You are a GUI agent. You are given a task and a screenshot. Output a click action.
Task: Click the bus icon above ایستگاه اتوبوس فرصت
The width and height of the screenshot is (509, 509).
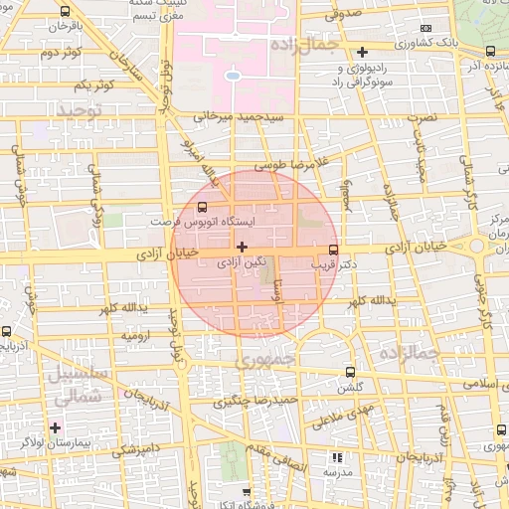tap(203, 208)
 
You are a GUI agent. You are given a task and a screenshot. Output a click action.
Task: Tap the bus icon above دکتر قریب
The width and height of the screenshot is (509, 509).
tap(332, 251)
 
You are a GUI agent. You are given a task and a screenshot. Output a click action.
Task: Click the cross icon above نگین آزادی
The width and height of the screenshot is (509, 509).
tap(242, 245)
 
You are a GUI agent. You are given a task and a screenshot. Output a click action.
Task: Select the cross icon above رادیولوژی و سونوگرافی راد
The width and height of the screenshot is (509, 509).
tap(362, 51)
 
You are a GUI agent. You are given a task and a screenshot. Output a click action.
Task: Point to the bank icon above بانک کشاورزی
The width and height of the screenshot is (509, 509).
tap(426, 28)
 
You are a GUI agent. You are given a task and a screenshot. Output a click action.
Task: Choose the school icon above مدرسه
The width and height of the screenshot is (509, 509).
tap(336, 457)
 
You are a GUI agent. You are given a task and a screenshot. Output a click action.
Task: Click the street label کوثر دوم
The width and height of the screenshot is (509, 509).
tap(60, 53)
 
